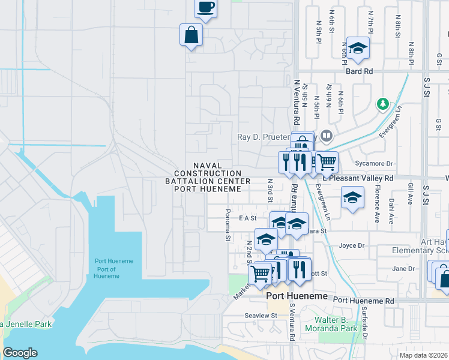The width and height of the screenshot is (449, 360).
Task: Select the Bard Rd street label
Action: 359,71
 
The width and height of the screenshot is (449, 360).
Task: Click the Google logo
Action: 20,353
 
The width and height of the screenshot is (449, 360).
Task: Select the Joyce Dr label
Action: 352,245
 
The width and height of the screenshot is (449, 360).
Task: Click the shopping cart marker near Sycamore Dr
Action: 326,161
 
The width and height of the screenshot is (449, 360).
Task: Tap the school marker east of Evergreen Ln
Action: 352,197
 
